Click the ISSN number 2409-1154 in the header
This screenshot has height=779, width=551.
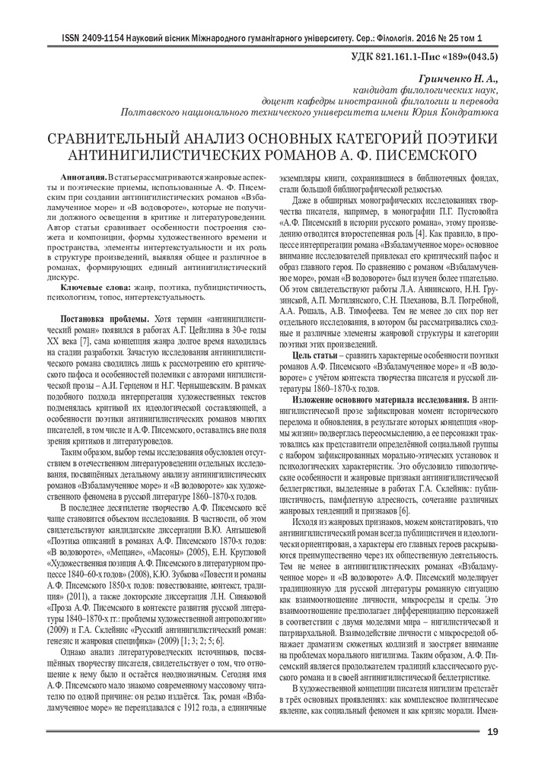click(x=94, y=37)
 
